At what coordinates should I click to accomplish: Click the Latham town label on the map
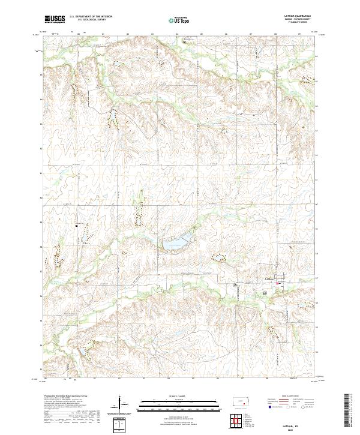click(x=268, y=279)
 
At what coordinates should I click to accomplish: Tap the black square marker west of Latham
click(x=235, y=285)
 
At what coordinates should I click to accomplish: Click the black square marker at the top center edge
click(x=184, y=41)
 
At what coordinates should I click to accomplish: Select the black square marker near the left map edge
click(x=77, y=226)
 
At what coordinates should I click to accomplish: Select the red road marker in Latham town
click(x=280, y=280)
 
